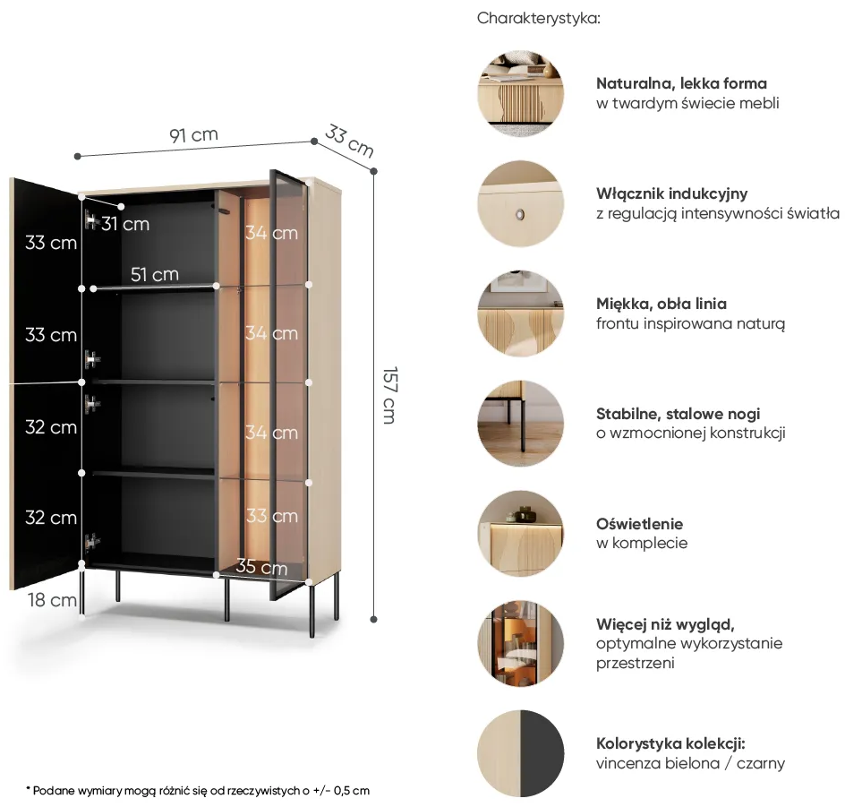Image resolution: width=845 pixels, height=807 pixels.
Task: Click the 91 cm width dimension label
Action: tap(193, 134)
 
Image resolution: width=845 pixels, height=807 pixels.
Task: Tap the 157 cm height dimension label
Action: tap(389, 395)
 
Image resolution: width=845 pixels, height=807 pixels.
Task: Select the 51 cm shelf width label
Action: tap(154, 274)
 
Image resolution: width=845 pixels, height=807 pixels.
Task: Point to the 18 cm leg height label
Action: tap(52, 600)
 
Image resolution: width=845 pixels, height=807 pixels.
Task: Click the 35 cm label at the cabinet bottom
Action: tap(261, 567)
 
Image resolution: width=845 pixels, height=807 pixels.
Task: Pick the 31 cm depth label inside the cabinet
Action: tap(125, 224)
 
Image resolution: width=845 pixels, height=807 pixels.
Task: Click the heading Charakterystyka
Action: tap(538, 18)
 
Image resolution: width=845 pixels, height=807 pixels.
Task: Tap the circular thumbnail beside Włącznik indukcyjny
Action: tap(521, 203)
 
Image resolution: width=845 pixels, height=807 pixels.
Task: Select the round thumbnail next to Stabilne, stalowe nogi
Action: tap(521, 423)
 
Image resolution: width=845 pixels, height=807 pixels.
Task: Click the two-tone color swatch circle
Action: tap(521, 753)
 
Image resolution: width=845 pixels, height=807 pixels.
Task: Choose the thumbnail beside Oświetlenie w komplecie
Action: tap(521, 533)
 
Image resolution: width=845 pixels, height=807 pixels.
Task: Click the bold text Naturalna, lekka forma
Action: tap(681, 83)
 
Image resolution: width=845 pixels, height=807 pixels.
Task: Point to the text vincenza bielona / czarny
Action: tap(690, 763)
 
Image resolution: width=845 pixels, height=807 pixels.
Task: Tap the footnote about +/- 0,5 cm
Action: tap(198, 791)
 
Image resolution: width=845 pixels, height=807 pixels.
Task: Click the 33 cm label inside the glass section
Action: tap(272, 516)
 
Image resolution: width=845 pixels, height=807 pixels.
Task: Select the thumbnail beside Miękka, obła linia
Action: tap(521, 313)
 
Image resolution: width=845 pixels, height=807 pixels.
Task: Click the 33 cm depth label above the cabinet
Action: tap(349, 141)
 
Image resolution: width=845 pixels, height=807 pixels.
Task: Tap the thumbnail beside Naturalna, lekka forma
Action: tap(521, 93)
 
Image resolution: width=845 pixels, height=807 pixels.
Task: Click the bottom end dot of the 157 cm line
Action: tap(374, 620)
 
